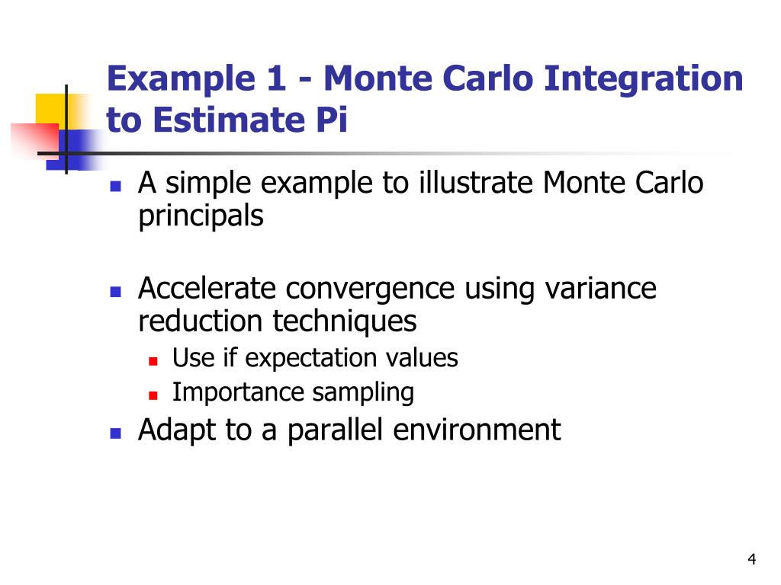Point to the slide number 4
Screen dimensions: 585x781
point(751,561)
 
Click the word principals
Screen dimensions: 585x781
point(201,216)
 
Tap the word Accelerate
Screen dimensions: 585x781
point(207,289)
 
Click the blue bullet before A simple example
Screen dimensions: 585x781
point(116,186)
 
